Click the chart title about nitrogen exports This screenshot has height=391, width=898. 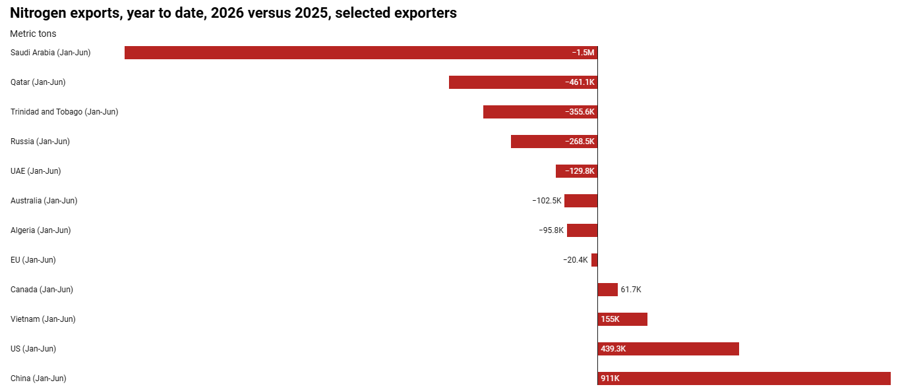[x=233, y=13]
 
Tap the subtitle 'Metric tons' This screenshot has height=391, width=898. [x=33, y=34]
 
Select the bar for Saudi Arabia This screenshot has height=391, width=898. [x=361, y=53]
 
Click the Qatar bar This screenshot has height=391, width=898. [x=523, y=82]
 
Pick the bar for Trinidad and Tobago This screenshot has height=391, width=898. [x=541, y=112]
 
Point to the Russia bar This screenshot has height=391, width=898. [x=554, y=142]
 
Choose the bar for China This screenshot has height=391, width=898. [x=744, y=378]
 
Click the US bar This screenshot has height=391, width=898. [x=669, y=349]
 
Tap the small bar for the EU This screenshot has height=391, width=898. [x=595, y=260]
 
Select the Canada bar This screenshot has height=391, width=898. [x=608, y=290]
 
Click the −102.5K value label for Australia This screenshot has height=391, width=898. [x=547, y=201]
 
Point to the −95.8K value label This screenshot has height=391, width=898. [x=551, y=230]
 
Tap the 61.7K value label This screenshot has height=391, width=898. [x=631, y=290]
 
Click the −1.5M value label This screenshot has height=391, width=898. [x=584, y=53]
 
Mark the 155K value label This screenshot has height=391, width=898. [x=610, y=319]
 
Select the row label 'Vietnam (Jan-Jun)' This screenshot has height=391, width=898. [x=43, y=319]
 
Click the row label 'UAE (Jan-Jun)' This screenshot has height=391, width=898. [x=36, y=171]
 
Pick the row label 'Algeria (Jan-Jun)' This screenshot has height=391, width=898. [x=40, y=230]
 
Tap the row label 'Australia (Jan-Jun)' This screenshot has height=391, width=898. [x=44, y=201]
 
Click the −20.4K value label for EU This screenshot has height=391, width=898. [x=576, y=260]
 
